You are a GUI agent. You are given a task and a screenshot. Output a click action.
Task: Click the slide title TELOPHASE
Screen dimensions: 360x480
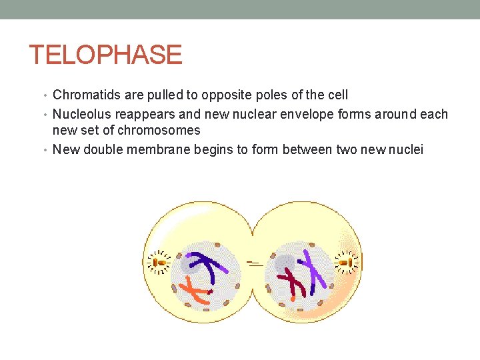point(105,55)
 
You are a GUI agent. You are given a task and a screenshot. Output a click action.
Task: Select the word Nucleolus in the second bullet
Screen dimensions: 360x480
point(83,114)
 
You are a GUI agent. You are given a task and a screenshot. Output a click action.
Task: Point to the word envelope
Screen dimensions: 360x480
point(312,114)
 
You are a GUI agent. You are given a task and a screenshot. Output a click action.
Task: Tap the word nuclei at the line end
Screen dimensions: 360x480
point(406,149)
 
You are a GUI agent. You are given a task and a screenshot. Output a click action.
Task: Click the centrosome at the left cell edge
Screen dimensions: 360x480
point(159,262)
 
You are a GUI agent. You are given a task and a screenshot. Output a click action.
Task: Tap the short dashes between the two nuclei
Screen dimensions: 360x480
point(253,263)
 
